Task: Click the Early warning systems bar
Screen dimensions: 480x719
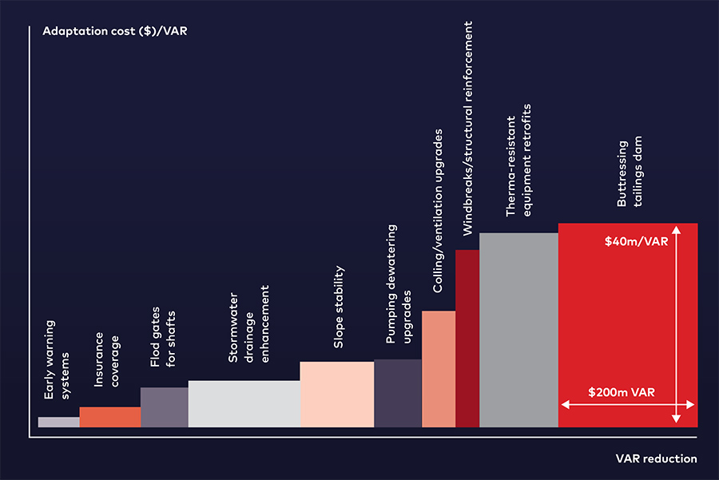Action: point(58,422)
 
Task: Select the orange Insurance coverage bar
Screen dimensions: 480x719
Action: point(110,417)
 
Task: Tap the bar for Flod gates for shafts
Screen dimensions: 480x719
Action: point(165,407)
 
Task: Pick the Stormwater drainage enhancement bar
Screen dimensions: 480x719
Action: point(244,403)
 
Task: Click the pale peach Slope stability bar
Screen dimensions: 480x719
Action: point(336,395)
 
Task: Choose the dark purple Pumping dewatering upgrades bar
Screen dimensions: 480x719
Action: point(398,393)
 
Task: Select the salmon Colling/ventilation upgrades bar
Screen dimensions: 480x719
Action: point(439,369)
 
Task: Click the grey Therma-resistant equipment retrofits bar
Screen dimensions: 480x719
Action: point(518,330)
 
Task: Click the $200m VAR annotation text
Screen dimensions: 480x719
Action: point(622,392)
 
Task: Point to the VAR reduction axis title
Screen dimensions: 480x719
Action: point(656,458)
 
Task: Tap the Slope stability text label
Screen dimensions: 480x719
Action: point(339,307)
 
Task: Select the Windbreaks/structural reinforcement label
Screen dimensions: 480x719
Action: point(467,128)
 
